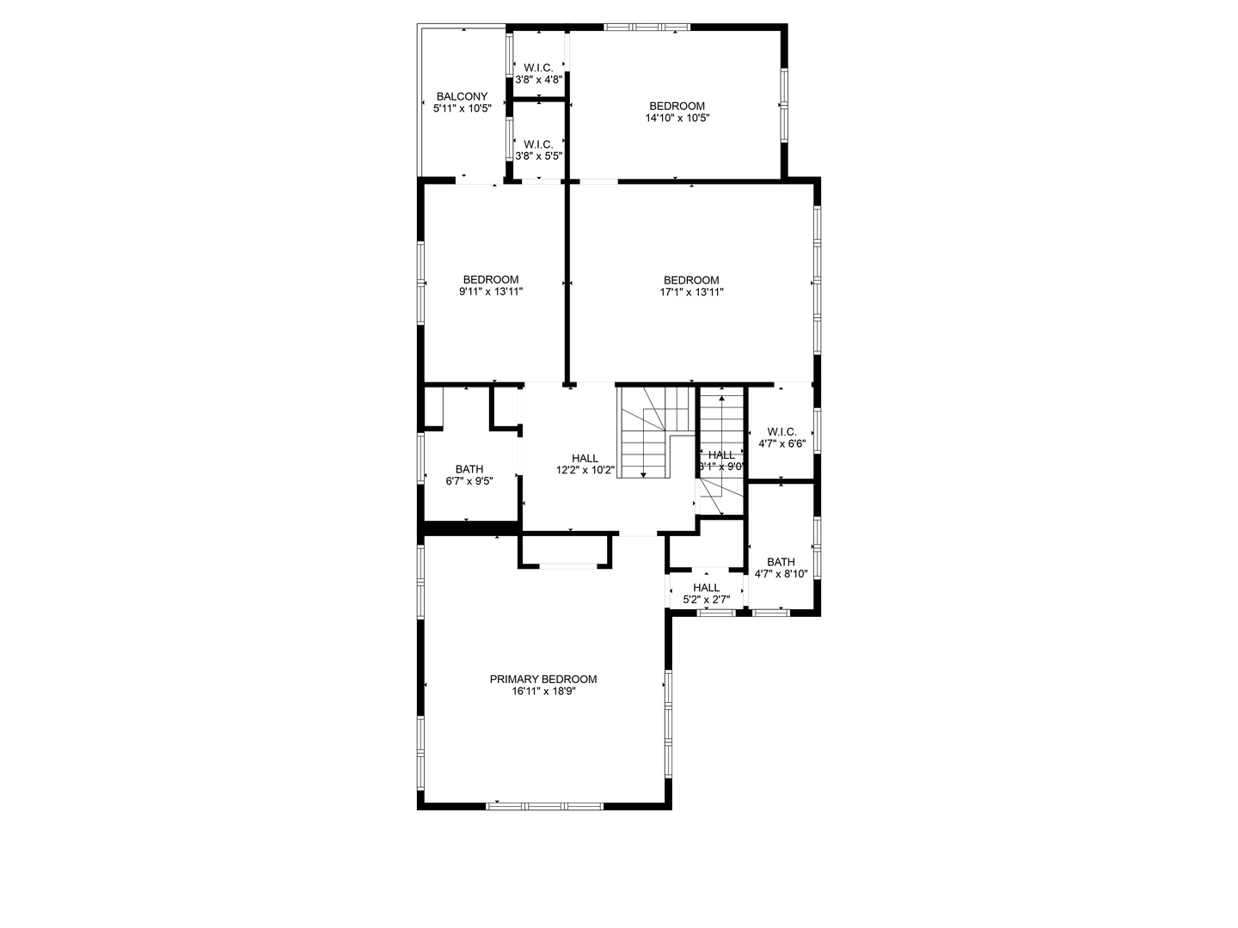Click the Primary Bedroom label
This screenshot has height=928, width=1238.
click(x=542, y=679)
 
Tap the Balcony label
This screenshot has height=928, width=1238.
click(x=462, y=96)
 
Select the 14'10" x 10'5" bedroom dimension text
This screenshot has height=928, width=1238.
click(x=677, y=119)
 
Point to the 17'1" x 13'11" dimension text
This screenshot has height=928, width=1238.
click(x=691, y=292)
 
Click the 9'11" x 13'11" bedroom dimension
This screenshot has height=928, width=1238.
click(x=491, y=292)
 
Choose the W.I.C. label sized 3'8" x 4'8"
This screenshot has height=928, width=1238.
click(x=538, y=67)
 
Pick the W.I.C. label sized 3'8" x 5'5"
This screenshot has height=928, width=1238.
click(x=538, y=143)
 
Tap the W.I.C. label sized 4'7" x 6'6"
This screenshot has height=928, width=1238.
click(x=781, y=431)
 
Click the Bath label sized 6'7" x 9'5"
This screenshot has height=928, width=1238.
click(x=469, y=468)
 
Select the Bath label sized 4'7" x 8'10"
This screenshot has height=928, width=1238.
click(x=781, y=562)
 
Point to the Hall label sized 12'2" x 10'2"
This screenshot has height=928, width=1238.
click(x=585, y=458)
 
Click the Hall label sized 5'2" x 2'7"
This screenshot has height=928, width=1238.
click(x=706, y=588)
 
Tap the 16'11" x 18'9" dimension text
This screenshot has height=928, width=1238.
click(x=542, y=691)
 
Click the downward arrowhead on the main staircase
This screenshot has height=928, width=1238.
click(x=644, y=475)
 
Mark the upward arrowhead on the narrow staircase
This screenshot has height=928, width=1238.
click(x=721, y=398)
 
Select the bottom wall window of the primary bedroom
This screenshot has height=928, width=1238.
click(x=545, y=806)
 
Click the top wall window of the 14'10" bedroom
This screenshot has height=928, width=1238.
click(x=647, y=27)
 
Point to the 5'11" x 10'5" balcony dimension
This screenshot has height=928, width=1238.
click(x=462, y=108)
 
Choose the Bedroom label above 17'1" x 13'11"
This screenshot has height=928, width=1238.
click(x=691, y=280)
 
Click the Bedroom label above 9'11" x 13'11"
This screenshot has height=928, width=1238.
click(x=491, y=279)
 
